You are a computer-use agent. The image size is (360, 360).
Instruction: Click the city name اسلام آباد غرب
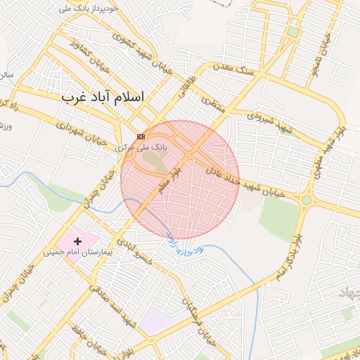102,97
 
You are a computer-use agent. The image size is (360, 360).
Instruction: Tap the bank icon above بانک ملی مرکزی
141,136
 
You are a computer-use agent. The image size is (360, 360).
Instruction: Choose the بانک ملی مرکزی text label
141,148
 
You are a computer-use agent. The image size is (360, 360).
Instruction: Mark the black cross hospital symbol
77,241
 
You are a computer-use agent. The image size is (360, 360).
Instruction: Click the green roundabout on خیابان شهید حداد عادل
307,200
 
